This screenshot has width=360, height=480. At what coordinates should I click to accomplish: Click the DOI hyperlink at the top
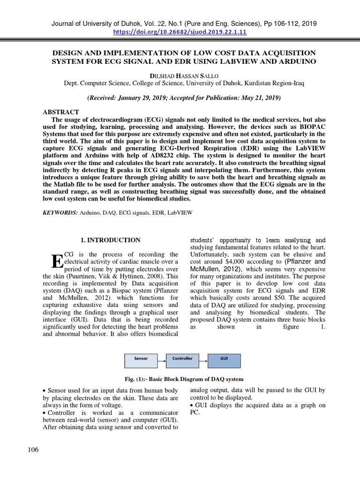click(x=180, y=32)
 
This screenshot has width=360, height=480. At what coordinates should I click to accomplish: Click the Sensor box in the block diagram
click(x=141, y=359)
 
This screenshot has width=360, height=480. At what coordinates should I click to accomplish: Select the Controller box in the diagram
click(x=182, y=359)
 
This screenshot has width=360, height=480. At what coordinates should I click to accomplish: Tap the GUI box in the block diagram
click(x=224, y=359)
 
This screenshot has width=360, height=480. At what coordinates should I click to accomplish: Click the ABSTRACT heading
click(x=61, y=112)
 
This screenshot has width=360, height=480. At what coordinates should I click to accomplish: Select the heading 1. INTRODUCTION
click(x=111, y=240)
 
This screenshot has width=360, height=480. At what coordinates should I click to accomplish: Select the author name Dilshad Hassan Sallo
click(x=180, y=75)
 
